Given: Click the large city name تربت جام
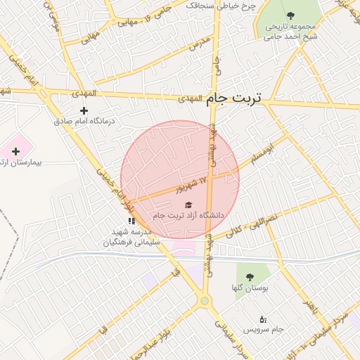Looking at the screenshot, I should click(x=234, y=98).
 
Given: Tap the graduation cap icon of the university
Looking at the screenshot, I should click(x=187, y=205).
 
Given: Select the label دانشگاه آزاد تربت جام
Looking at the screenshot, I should click(x=188, y=215).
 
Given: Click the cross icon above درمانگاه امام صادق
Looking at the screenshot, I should click(x=84, y=110).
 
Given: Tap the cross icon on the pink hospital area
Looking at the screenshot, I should click(x=15, y=151).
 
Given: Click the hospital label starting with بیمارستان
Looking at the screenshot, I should click(x=21, y=162).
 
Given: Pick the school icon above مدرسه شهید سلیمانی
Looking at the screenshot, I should click(x=131, y=221).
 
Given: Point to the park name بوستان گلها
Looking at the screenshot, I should click(x=250, y=288).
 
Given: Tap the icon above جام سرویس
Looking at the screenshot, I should click(x=263, y=319).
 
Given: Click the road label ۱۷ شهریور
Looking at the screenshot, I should click(x=191, y=186).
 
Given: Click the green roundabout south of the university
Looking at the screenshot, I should click(x=205, y=301).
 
